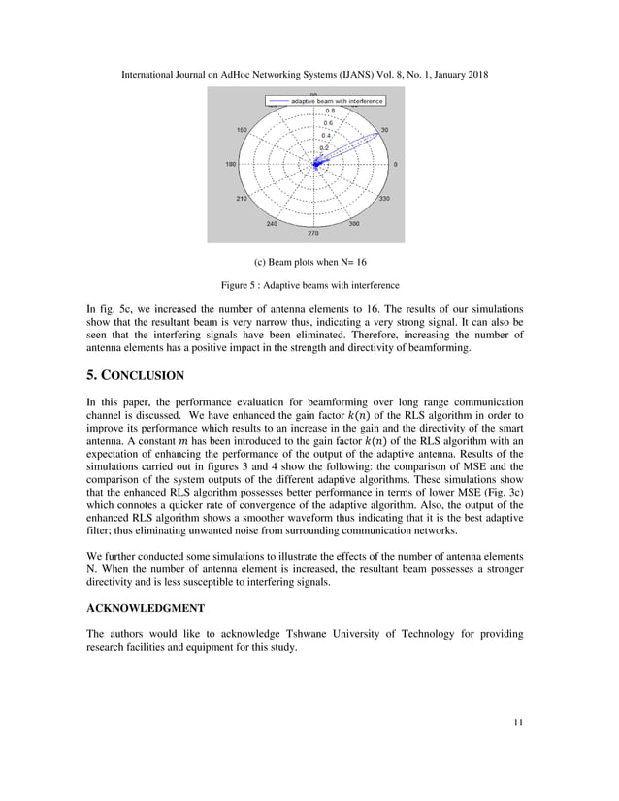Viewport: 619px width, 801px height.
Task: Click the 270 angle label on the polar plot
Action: (x=312, y=233)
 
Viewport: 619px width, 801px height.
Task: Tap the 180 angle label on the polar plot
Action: (x=231, y=165)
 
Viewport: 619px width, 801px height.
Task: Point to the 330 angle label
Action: (x=384, y=199)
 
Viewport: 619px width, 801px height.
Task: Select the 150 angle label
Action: (x=242, y=130)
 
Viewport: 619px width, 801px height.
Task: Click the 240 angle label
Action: (x=272, y=223)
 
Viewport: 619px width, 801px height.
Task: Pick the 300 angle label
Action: (x=354, y=223)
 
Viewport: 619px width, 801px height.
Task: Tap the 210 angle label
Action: (x=242, y=199)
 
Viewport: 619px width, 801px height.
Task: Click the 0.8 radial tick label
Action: (x=329, y=112)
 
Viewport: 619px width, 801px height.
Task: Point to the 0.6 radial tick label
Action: (x=328, y=123)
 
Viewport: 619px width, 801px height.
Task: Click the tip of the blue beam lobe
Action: (x=377, y=136)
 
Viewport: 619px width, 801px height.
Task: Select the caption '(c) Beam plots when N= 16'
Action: (x=309, y=262)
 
